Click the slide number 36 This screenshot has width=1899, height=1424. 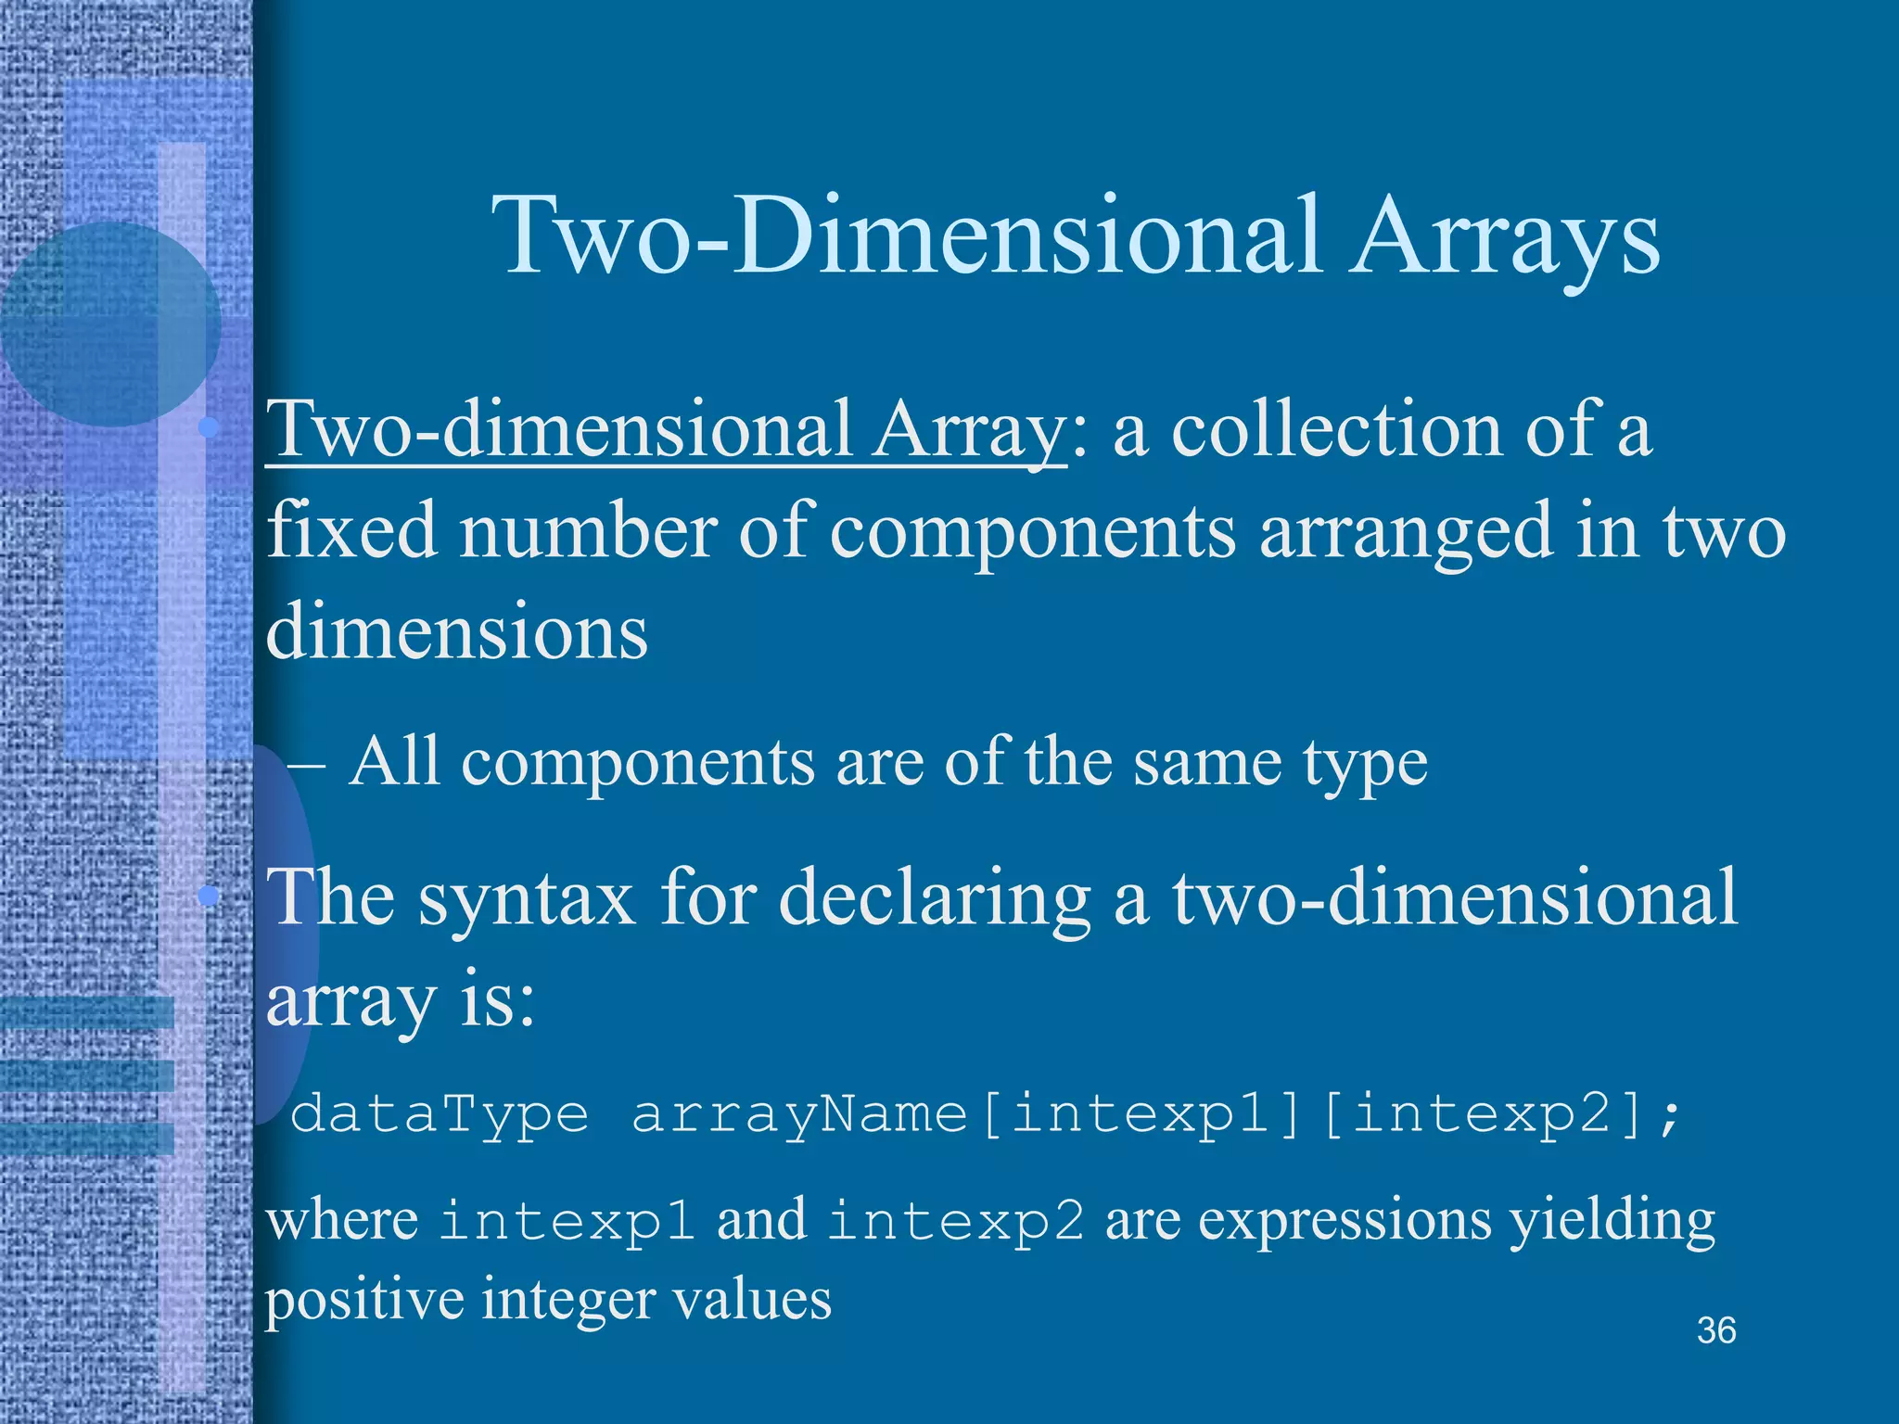pyautogui.click(x=1716, y=1331)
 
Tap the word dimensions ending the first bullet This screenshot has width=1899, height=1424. pyautogui.click(x=457, y=630)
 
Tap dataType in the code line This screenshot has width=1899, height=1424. pyautogui.click(x=440, y=1113)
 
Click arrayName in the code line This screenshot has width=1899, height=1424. pyautogui.click(x=799, y=1113)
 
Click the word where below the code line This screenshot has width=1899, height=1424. pyautogui.click(x=342, y=1220)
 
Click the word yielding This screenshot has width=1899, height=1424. pyautogui.click(x=1612, y=1222)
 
